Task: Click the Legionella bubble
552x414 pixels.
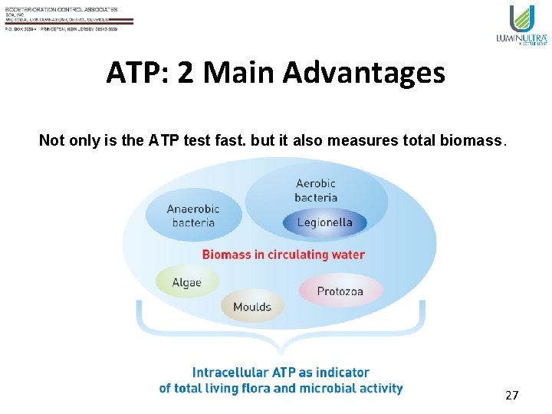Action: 324,223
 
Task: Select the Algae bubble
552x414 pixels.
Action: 186,282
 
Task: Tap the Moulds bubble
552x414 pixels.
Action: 252,307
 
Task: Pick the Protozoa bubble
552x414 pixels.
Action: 340,291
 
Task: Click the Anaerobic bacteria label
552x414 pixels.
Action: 193,215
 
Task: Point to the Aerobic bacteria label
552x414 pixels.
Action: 315,190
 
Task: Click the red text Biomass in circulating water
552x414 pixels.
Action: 283,254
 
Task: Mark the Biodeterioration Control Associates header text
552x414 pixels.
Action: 61,9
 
